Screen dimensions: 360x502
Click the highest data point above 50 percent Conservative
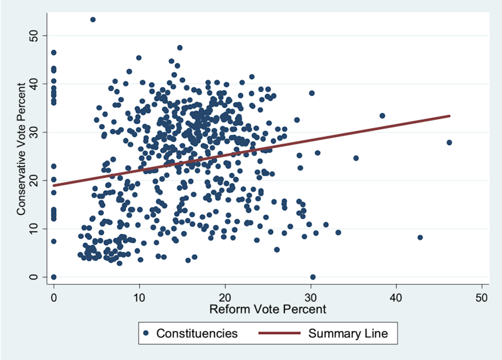[93, 19]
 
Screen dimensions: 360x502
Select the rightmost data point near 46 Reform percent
[449, 142]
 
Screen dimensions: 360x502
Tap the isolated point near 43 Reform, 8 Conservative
[420, 238]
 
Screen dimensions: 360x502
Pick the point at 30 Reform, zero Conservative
[313, 277]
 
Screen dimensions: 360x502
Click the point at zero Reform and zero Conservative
[53, 277]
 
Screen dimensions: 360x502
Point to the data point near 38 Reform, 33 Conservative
[382, 116]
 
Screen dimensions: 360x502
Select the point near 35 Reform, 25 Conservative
[356, 158]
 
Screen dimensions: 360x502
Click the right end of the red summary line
[450, 116]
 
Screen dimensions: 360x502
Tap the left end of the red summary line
[53, 186]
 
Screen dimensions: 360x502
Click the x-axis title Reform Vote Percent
[268, 309]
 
